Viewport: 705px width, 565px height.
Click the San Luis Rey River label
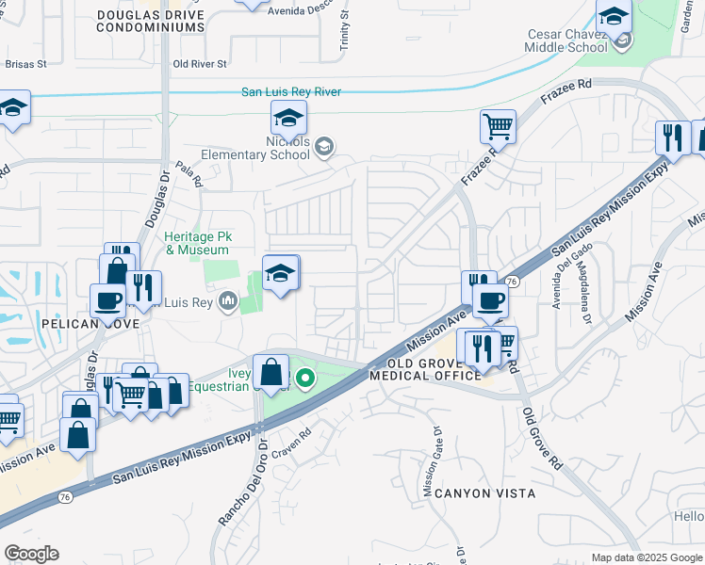coord(291,91)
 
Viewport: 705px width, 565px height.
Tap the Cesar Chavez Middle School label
coord(567,40)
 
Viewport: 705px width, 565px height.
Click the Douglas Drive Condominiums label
coord(151,22)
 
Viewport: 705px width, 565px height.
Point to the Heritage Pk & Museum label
coord(197,243)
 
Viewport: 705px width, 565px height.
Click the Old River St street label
coord(200,65)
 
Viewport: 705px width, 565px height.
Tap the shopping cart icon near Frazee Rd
coord(498,125)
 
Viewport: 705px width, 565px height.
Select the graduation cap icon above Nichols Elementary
coord(288,118)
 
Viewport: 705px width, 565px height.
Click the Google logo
coord(31,553)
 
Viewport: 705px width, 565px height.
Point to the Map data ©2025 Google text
coord(647,557)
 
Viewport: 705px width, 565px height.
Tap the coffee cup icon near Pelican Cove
coord(107,299)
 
